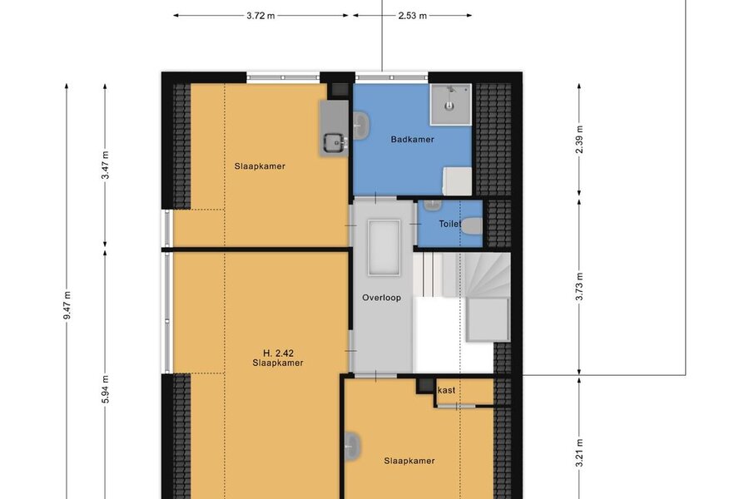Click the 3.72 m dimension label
(x=260, y=16)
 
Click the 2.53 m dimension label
(x=412, y=16)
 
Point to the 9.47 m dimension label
(x=67, y=305)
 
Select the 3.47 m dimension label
(x=106, y=166)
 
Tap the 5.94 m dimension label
(x=106, y=389)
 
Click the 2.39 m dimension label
(x=579, y=140)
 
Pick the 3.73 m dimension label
(x=579, y=287)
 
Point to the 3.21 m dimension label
(x=579, y=453)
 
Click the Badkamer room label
(x=412, y=140)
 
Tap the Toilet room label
(x=449, y=224)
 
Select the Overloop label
(x=381, y=298)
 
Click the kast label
(x=447, y=390)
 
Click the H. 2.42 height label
(x=279, y=353)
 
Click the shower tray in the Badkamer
(x=450, y=105)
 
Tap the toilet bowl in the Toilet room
(x=472, y=226)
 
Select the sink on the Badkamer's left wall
(x=360, y=126)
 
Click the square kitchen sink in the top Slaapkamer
(x=335, y=142)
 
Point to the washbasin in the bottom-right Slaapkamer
(x=351, y=447)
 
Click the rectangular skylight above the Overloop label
(x=384, y=247)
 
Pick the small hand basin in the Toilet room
(x=433, y=205)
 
